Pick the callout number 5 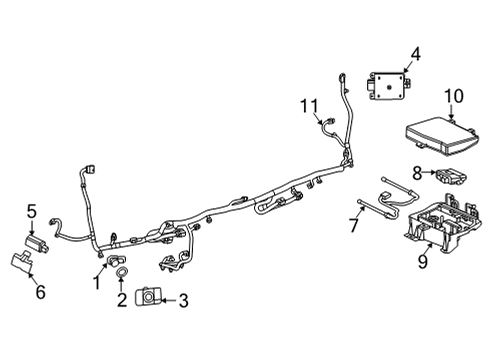click(32, 211)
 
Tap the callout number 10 click(453, 95)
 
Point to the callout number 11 click(311, 104)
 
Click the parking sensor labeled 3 click(150, 297)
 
